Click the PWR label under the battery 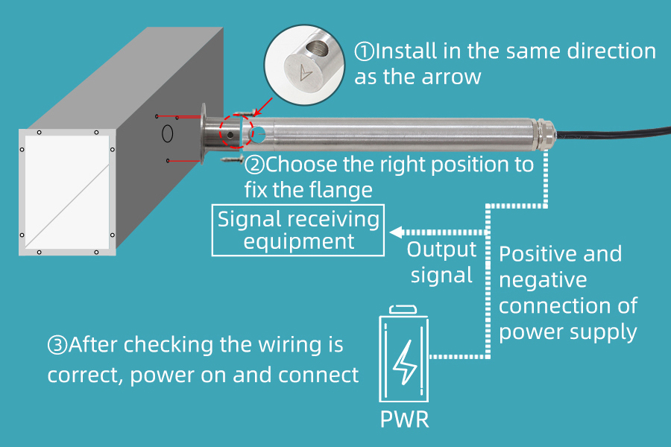[x=405, y=418]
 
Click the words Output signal [x=441, y=262]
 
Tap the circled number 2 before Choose [x=255, y=165]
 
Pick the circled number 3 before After [x=57, y=345]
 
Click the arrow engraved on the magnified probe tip [x=303, y=73]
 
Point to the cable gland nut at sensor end [x=546, y=134]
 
